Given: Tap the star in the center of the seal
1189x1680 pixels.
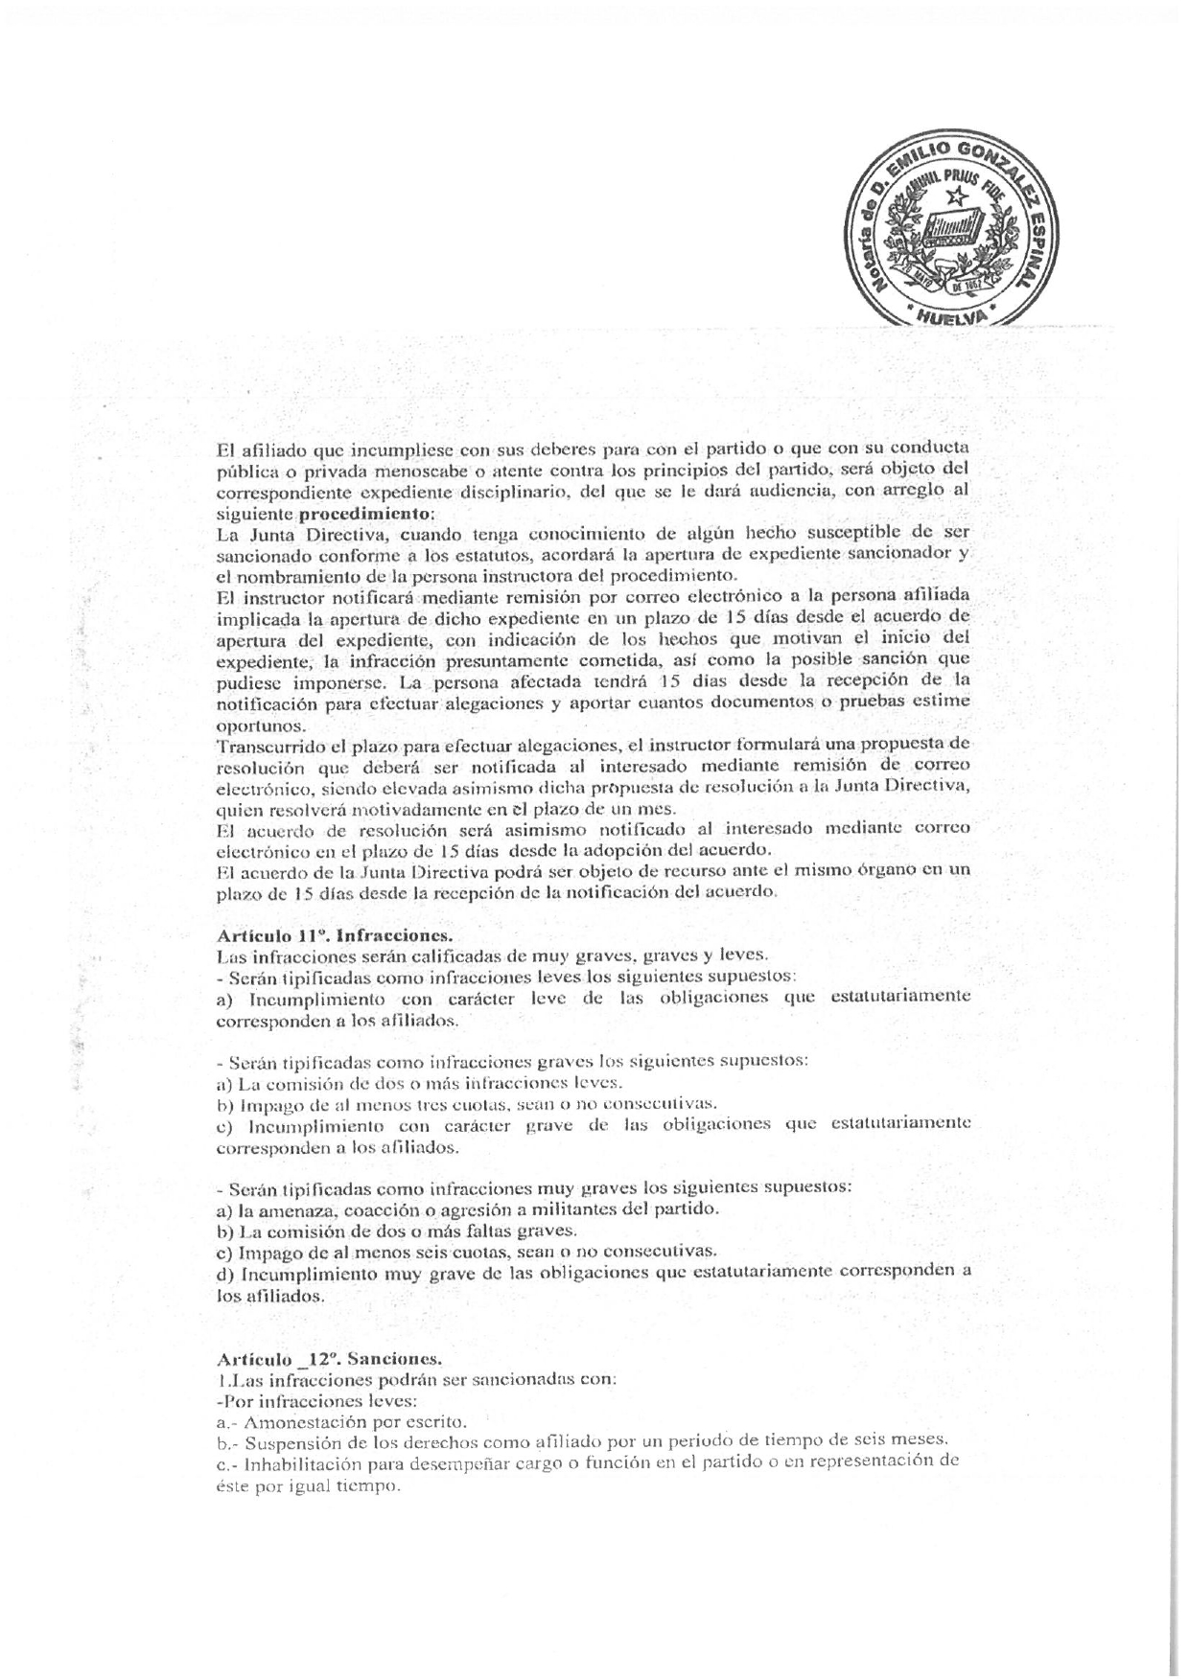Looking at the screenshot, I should pyautogui.click(x=954, y=198).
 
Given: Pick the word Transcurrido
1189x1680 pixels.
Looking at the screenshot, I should pyautogui.click(x=260, y=745).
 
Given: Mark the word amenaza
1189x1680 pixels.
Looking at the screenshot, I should pyautogui.click(x=293, y=1209).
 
